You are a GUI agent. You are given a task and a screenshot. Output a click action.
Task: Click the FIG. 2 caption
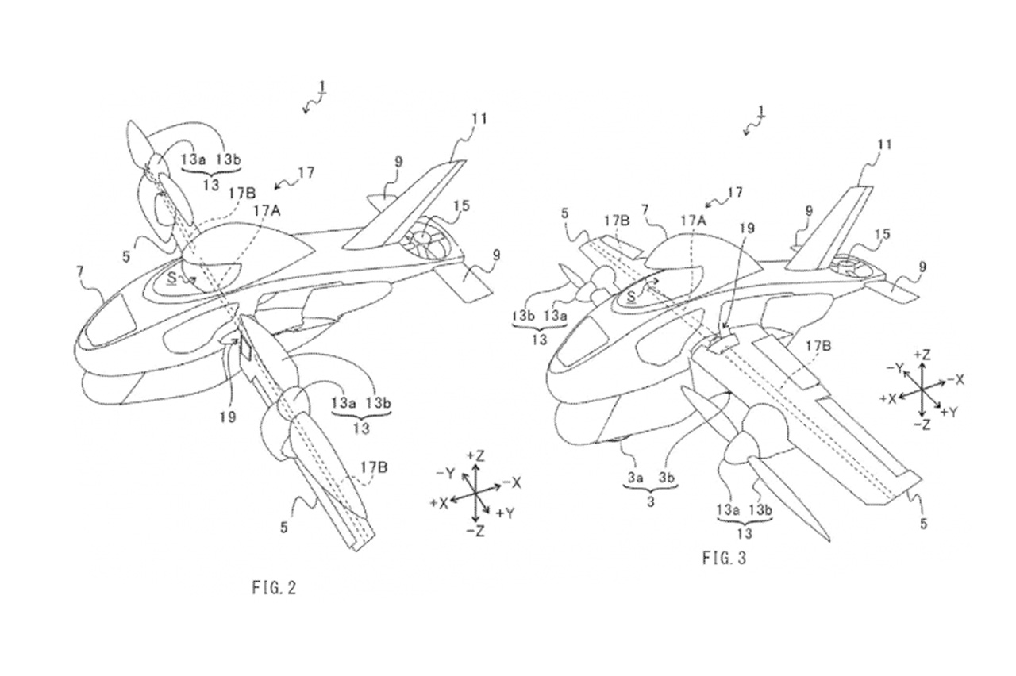coord(273,588)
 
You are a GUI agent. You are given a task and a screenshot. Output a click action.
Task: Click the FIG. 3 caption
coord(724,559)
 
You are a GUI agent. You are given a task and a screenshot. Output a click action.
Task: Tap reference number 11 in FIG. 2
coord(478,120)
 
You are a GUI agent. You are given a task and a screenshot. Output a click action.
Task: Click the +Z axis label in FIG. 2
coord(477,456)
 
